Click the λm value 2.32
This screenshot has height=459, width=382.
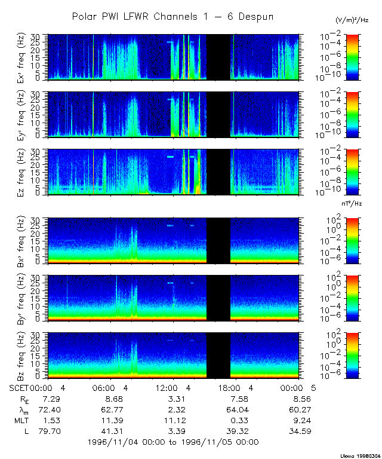(x=172, y=409)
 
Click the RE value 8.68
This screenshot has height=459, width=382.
(x=109, y=398)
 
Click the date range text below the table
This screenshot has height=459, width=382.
(x=173, y=442)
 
